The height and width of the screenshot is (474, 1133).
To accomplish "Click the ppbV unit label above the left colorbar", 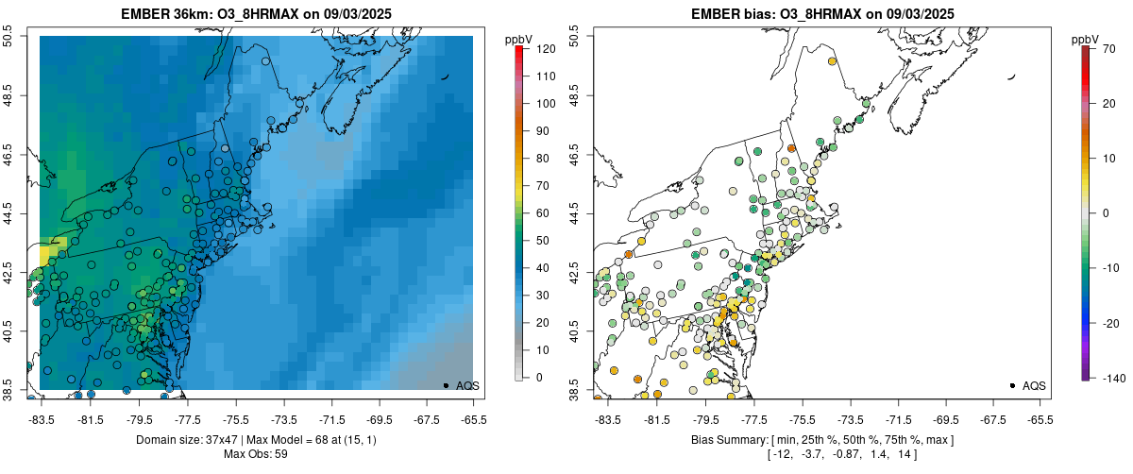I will click(518, 39).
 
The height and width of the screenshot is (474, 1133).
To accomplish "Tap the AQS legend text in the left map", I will click(467, 385).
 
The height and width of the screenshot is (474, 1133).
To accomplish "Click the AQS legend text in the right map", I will click(1034, 385).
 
